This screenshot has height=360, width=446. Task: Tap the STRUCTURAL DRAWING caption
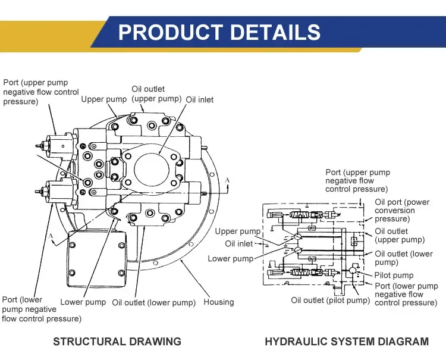117,342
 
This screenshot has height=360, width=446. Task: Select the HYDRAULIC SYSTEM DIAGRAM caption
346,342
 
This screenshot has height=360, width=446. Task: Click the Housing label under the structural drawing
219,302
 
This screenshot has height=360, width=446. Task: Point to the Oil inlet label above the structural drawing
200,99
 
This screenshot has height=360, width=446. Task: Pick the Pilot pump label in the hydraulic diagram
394,275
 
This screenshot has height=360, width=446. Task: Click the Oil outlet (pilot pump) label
330,300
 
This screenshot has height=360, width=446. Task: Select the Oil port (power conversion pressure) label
403,210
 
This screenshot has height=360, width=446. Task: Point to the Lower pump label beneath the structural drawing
83,302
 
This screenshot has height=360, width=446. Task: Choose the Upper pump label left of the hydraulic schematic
238,231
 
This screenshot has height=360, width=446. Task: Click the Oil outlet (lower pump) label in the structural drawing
153,302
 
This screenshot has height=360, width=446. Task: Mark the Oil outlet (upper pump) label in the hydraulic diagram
400,236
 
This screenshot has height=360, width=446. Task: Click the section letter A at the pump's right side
227,179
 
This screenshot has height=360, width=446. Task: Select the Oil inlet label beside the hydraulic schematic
238,243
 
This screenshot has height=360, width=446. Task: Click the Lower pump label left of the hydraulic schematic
230,259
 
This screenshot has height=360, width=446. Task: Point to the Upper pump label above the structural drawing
104,99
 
